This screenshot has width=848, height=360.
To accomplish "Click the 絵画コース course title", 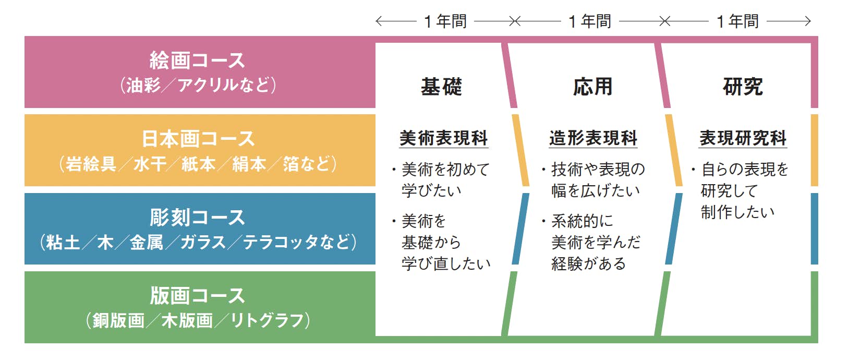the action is tap(197, 61).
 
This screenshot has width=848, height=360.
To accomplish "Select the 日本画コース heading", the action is tap(198, 139).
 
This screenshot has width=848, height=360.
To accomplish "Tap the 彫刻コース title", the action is tap(197, 217).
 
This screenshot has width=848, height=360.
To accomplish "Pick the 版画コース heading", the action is tap(197, 296).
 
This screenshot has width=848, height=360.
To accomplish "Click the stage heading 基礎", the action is tap(441, 87).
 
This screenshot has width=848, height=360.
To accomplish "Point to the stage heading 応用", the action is tap(592, 87).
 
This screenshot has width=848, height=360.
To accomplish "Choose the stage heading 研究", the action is tap(743, 87).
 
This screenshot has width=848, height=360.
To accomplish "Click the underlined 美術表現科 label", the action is tap(444, 138).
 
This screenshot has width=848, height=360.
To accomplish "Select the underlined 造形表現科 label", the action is tap(593, 138).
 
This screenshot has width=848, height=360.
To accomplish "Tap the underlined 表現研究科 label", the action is tap(743, 138).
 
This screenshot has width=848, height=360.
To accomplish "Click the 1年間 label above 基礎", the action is tap(445, 21).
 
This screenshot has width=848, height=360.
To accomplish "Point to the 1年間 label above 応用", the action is tap(590, 21).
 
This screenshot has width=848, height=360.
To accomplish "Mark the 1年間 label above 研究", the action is tap(737, 21).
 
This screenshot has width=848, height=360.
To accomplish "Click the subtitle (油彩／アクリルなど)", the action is tap(198, 85).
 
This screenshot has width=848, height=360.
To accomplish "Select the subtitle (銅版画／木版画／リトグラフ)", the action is tap(198, 321).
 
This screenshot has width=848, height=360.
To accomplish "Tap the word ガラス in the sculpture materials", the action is tap(203, 242).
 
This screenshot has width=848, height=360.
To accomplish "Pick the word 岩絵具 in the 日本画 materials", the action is tap(91, 164).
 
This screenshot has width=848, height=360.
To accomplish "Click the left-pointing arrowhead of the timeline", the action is tap(378, 21).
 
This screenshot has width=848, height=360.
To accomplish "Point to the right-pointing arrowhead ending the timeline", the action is tap(807, 21).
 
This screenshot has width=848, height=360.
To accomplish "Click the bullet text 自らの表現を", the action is tap(744, 169).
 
